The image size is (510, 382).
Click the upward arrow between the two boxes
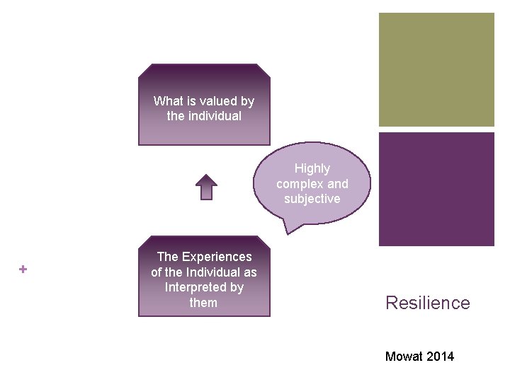(x=206, y=187)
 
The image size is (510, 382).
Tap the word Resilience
(x=427, y=303)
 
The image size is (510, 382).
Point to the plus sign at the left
(x=23, y=269)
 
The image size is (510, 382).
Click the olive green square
(x=436, y=69)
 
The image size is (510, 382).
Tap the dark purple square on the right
(x=436, y=189)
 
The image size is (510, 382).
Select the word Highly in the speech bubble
(x=312, y=168)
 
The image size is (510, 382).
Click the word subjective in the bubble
(x=312, y=199)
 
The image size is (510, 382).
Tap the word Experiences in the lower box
(x=217, y=257)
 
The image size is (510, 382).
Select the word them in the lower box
(x=203, y=303)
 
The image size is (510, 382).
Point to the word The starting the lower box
(x=167, y=257)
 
